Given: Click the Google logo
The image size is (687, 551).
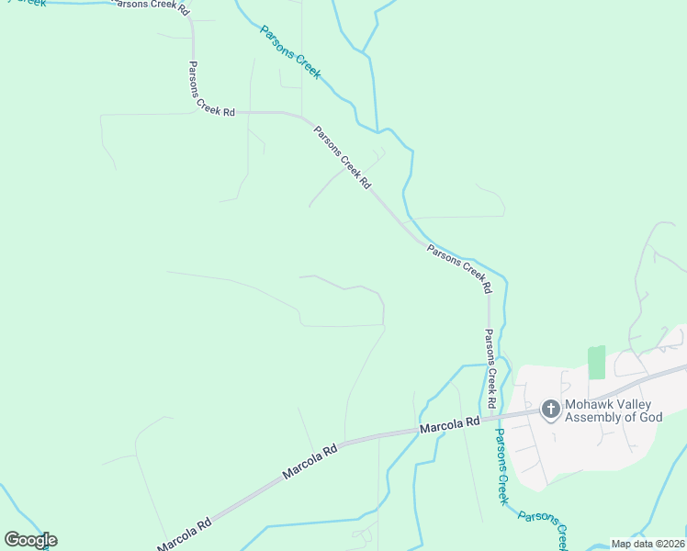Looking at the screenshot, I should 30,540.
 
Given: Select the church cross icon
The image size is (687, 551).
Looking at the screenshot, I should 550,409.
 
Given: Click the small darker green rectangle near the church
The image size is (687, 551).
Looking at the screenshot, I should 596,362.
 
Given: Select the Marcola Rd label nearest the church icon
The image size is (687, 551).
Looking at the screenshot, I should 450,425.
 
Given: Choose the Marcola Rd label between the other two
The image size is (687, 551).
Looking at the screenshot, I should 310,461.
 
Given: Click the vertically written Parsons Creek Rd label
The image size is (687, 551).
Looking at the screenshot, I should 491,368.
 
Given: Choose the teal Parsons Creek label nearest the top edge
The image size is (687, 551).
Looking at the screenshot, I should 290,51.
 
